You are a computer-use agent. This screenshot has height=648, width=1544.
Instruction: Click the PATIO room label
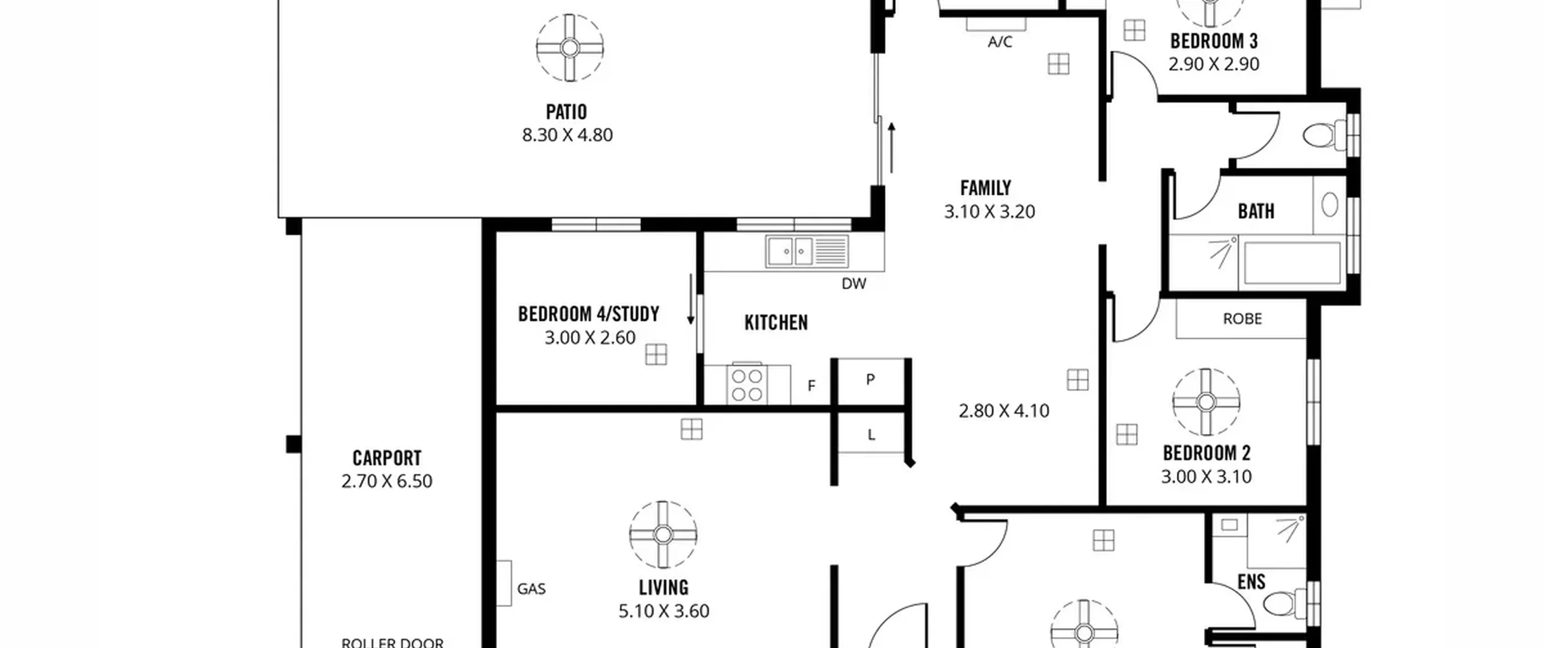[x=566, y=112]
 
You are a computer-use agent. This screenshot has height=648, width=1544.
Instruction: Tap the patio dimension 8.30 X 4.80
[x=568, y=135]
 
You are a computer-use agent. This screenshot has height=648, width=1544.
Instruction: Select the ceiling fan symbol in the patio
[x=570, y=48]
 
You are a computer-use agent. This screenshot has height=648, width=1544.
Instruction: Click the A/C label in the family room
[x=1000, y=42]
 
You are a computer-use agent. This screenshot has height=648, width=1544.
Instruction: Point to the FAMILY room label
[x=986, y=188]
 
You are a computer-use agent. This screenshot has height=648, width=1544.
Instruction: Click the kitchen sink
[x=807, y=251]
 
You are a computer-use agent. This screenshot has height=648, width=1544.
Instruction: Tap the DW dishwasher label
[x=854, y=283]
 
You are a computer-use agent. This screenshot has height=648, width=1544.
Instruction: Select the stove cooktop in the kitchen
[x=747, y=385]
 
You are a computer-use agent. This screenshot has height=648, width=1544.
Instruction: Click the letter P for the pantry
[x=870, y=380]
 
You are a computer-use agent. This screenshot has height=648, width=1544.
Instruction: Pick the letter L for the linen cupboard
[x=871, y=435]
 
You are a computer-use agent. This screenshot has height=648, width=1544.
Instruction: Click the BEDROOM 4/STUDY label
[x=589, y=314]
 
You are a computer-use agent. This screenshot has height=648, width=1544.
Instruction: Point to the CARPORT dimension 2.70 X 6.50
[x=387, y=481]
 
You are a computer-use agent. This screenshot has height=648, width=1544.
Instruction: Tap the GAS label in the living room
[x=531, y=589]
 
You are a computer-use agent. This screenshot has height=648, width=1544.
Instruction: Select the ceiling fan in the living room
[x=663, y=535]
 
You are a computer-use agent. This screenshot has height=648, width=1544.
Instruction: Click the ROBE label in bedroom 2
[x=1242, y=319]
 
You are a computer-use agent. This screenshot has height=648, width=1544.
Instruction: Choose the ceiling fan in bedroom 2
[x=1206, y=402]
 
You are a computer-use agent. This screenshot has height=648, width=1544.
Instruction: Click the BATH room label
[x=1256, y=212]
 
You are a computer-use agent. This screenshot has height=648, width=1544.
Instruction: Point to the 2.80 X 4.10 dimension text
[x=1004, y=411]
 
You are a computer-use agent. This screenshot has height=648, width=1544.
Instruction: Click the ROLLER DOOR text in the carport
[x=393, y=643]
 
